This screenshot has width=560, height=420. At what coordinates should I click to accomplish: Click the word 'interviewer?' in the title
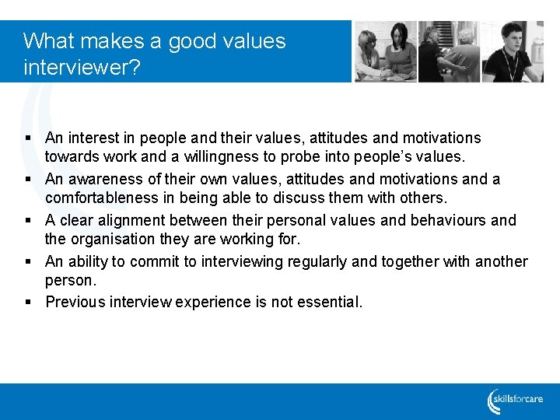[x=82, y=68]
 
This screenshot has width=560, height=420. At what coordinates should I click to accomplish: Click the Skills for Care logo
[x=516, y=401]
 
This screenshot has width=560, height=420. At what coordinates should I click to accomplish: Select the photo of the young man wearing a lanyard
[x=512, y=51]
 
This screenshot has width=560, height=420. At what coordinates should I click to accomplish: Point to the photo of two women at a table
[x=386, y=51]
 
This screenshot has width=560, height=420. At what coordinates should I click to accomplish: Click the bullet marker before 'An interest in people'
[x=27, y=138]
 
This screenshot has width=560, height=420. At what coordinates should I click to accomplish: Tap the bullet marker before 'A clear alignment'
[x=27, y=221]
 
